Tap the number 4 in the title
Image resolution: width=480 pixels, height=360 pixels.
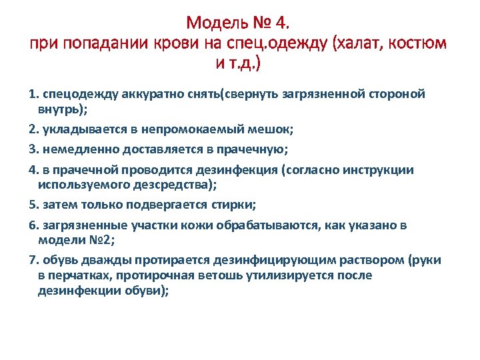click(x=282, y=24)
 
